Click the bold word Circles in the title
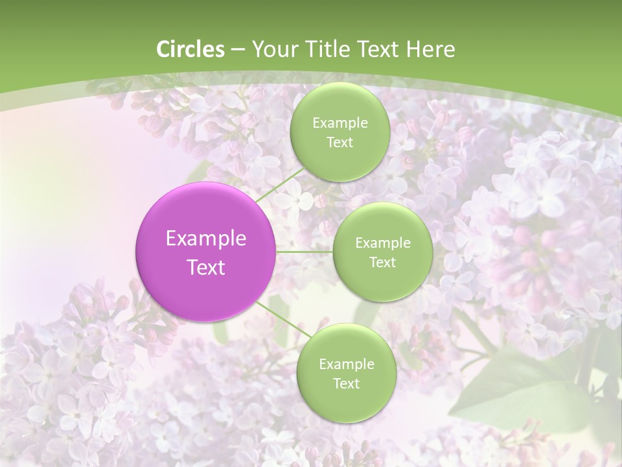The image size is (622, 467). click(x=190, y=49)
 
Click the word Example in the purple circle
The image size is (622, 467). click(x=206, y=239)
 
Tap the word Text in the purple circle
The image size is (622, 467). click(x=206, y=267)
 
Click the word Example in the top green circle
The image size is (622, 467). click(x=340, y=123)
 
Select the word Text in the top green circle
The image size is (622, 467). click(x=340, y=142)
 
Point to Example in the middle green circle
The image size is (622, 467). click(x=383, y=243)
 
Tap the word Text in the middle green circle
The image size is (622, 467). click(x=382, y=262)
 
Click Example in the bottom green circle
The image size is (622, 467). click(x=347, y=365)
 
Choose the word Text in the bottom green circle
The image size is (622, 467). click(x=346, y=383)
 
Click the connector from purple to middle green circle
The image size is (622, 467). click(x=304, y=252)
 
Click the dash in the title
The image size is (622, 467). click(x=238, y=49)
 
